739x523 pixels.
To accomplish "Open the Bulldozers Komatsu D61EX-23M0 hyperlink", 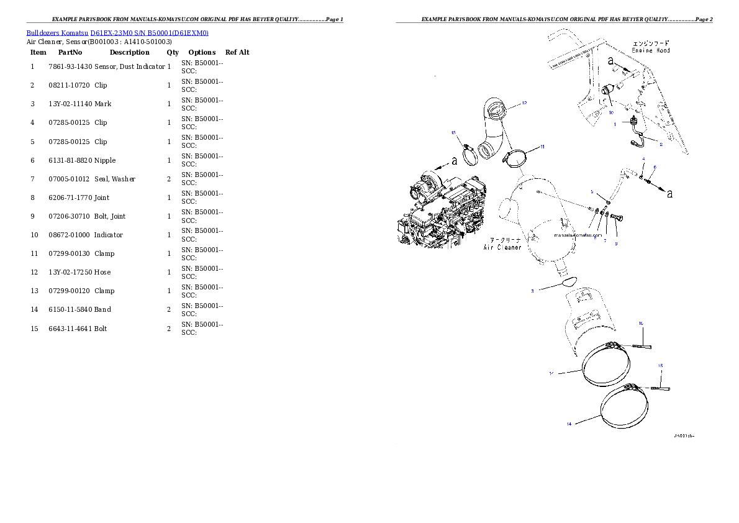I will pyautogui.click(x=117, y=32).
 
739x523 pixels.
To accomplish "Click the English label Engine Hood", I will pyautogui.click(x=651, y=50).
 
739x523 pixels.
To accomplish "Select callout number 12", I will pyautogui.click(x=524, y=103).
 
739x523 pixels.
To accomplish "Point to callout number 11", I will pyautogui.click(x=542, y=147).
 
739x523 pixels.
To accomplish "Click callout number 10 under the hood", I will pyautogui.click(x=610, y=113).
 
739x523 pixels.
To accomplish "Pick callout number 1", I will pyautogui.click(x=615, y=124).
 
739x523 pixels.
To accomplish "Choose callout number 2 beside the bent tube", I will pyautogui.click(x=661, y=145).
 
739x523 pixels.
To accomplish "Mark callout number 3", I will pyautogui.click(x=532, y=291).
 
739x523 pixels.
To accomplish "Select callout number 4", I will pyautogui.click(x=643, y=159).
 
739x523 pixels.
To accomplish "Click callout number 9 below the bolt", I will pyautogui.click(x=616, y=244).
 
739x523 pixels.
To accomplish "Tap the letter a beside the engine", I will pyautogui.click(x=454, y=161).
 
